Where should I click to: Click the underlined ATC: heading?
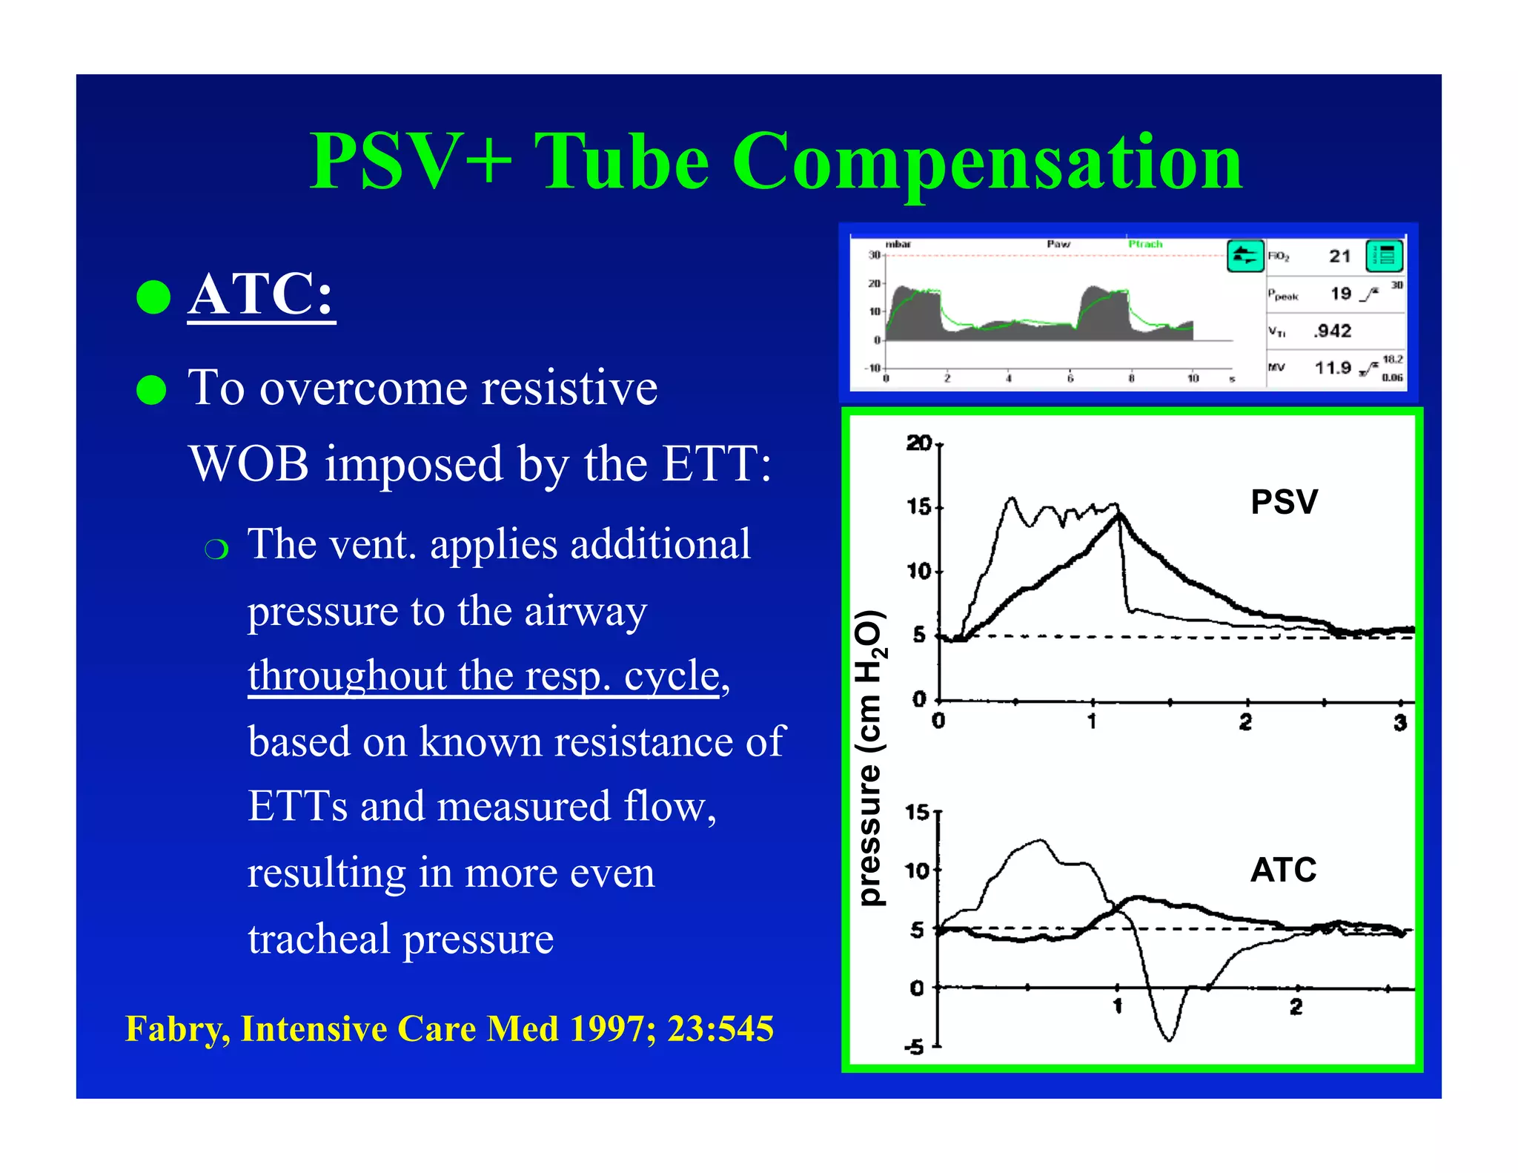pos(261,294)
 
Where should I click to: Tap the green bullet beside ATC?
pos(153,297)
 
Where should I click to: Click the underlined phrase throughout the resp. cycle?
pos(484,675)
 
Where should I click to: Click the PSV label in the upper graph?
pos(1284,502)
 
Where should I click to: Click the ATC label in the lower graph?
pos(1283,870)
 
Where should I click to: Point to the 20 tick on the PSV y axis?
pos(919,443)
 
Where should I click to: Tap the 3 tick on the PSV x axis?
pos(1399,722)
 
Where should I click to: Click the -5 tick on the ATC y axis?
pos(915,1047)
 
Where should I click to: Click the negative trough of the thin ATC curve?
pos(1169,1038)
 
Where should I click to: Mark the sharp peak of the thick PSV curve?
pos(1119,514)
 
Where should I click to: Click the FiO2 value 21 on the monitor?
pos(1339,257)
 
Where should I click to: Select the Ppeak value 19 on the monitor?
pos(1340,294)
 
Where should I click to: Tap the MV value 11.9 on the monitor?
pos(1333,368)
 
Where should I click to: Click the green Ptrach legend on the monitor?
pos(1145,244)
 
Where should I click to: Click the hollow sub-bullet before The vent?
pos(216,549)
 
